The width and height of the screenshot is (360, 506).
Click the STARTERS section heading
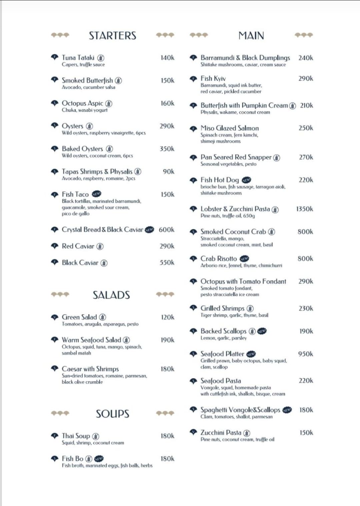(x=112, y=36)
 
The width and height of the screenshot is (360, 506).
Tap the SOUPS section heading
(x=112, y=414)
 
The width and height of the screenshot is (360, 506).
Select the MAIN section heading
(x=251, y=36)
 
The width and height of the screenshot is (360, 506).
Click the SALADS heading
(x=111, y=295)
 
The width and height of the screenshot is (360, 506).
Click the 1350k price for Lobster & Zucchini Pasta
(x=304, y=209)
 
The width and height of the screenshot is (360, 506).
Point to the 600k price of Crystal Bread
(x=166, y=230)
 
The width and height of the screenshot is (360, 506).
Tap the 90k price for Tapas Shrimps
(x=168, y=172)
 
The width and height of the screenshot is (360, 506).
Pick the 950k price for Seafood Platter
(x=305, y=354)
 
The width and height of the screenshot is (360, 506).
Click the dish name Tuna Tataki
(x=78, y=58)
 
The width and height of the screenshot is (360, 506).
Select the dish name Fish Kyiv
(x=213, y=79)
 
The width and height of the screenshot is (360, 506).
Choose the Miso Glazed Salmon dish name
(x=229, y=128)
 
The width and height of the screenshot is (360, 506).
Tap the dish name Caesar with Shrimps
(x=90, y=369)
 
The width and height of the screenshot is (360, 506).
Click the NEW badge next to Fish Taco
(x=96, y=194)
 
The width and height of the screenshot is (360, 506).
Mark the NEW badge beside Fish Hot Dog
(x=246, y=180)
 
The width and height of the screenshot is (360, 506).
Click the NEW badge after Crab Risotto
(x=244, y=259)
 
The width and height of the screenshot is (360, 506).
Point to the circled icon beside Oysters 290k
(x=89, y=126)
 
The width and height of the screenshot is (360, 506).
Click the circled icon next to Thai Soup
(x=96, y=436)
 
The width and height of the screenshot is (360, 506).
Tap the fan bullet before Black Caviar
(x=55, y=262)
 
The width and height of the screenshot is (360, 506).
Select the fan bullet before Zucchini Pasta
(x=193, y=432)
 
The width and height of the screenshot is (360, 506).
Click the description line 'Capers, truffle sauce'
(x=83, y=65)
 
